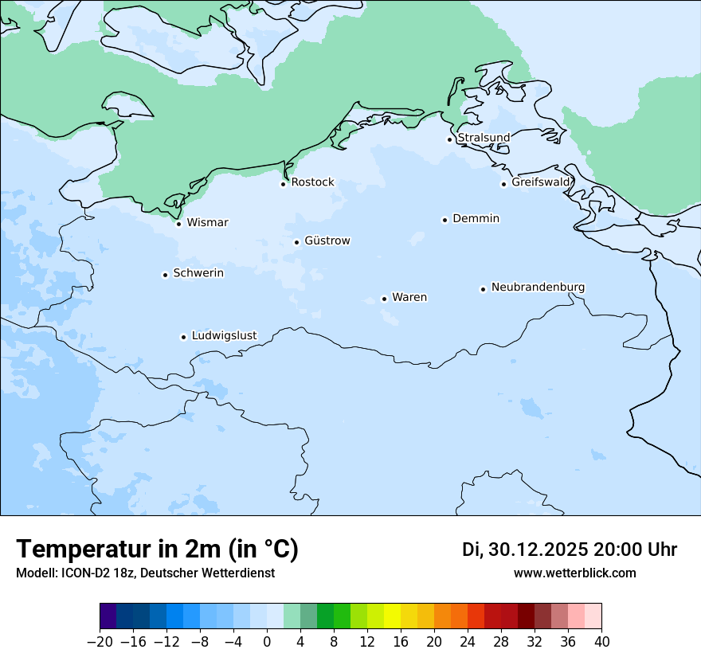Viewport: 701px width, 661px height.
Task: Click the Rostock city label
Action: click(x=312, y=182)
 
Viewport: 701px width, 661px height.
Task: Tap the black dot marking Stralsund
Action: click(x=449, y=139)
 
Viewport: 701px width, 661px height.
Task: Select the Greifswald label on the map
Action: click(x=541, y=182)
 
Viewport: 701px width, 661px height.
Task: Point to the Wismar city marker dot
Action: click(x=178, y=224)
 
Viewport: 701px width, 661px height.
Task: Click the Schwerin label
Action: click(x=198, y=273)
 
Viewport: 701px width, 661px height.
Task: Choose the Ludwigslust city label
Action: click(x=224, y=335)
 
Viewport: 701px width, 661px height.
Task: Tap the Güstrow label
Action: click(x=327, y=241)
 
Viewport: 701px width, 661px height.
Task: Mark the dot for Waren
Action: click(x=384, y=299)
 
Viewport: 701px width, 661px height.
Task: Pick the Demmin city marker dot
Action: click(x=444, y=220)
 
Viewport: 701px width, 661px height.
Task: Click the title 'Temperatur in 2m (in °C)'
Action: click(x=157, y=549)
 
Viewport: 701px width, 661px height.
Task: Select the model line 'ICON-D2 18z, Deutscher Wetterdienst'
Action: click(x=145, y=573)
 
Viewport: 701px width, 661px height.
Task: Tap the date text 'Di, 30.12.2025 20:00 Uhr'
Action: click(x=570, y=550)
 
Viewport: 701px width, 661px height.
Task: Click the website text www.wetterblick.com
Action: click(x=574, y=573)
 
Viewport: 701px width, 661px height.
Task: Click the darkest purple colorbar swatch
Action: click(x=108, y=616)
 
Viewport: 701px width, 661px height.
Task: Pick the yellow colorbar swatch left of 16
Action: click(x=392, y=616)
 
